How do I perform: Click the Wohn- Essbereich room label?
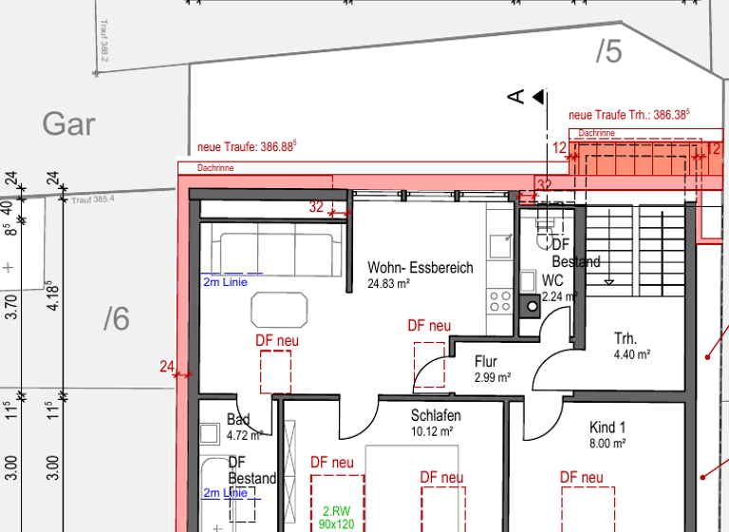pos(420,268)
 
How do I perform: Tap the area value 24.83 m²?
pos(388,283)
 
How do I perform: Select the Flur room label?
pos(485,362)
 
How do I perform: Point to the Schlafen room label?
pos(436,416)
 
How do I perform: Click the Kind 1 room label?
pos(607,427)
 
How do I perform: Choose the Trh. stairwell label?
pos(626,339)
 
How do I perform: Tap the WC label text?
pos(552,281)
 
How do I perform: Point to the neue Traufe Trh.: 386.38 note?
pos(628,114)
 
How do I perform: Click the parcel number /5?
pos(608,52)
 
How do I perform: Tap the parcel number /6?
pos(116,320)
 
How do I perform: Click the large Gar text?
pos(68,123)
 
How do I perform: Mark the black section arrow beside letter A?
pos(538,96)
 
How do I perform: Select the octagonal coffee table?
pos(280,310)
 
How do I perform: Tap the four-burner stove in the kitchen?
pos(500,301)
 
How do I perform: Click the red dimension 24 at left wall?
pos(167,366)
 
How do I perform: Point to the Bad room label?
pos(237,421)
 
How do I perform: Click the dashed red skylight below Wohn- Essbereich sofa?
pos(275,370)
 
